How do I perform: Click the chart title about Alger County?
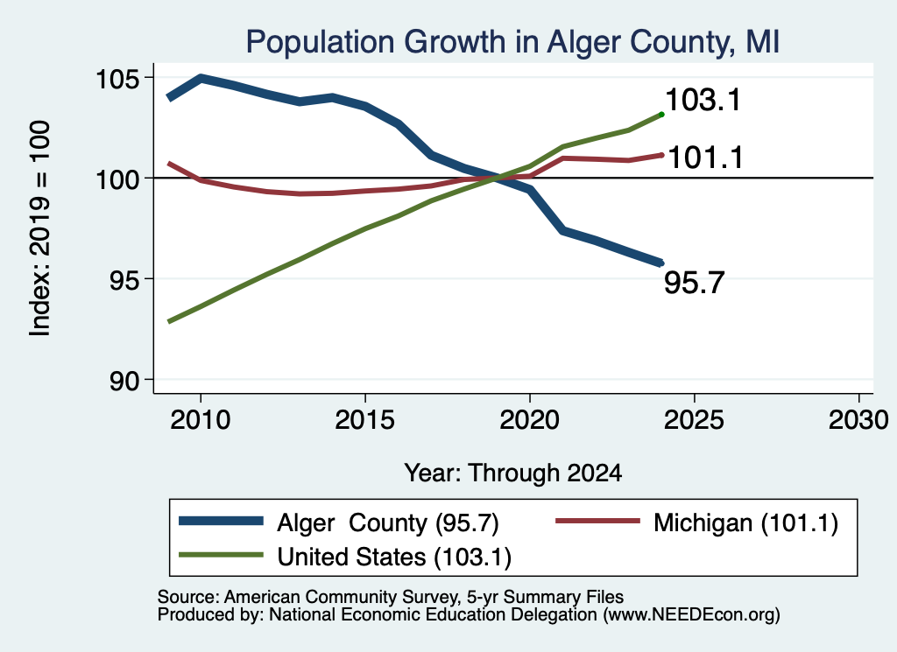(x=512, y=43)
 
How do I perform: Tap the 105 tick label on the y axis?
(x=117, y=78)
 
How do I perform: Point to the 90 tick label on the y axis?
(x=124, y=381)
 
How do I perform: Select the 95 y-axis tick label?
(x=124, y=280)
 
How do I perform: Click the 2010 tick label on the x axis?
(x=201, y=421)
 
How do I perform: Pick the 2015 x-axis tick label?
(x=365, y=421)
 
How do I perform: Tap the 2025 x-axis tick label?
(x=694, y=421)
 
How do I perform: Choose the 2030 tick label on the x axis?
(x=858, y=421)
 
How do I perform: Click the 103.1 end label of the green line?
(x=703, y=100)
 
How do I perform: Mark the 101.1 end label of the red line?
(x=705, y=158)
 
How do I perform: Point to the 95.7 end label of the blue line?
(x=694, y=283)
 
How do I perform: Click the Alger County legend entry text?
(x=388, y=522)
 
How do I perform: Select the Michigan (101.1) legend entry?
(x=745, y=522)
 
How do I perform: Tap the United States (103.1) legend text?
(x=394, y=557)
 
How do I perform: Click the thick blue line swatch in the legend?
(x=221, y=521)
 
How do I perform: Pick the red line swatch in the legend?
(x=597, y=521)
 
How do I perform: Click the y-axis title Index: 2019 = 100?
(x=40, y=228)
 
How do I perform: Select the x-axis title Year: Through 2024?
(x=513, y=473)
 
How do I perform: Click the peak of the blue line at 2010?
(x=201, y=78)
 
